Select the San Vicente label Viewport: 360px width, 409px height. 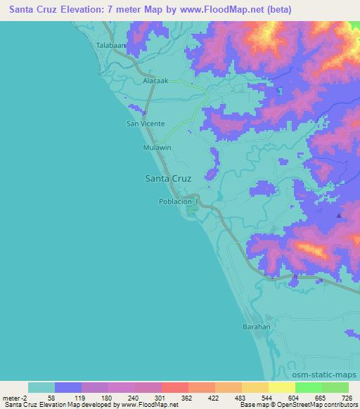[145, 124]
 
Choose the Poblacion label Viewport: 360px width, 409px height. [175, 201]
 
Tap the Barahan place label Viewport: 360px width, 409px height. [257, 327]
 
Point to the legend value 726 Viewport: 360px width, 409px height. [346, 398]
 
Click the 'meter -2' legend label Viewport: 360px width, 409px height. [15, 398]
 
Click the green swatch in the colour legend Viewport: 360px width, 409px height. [309, 387]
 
